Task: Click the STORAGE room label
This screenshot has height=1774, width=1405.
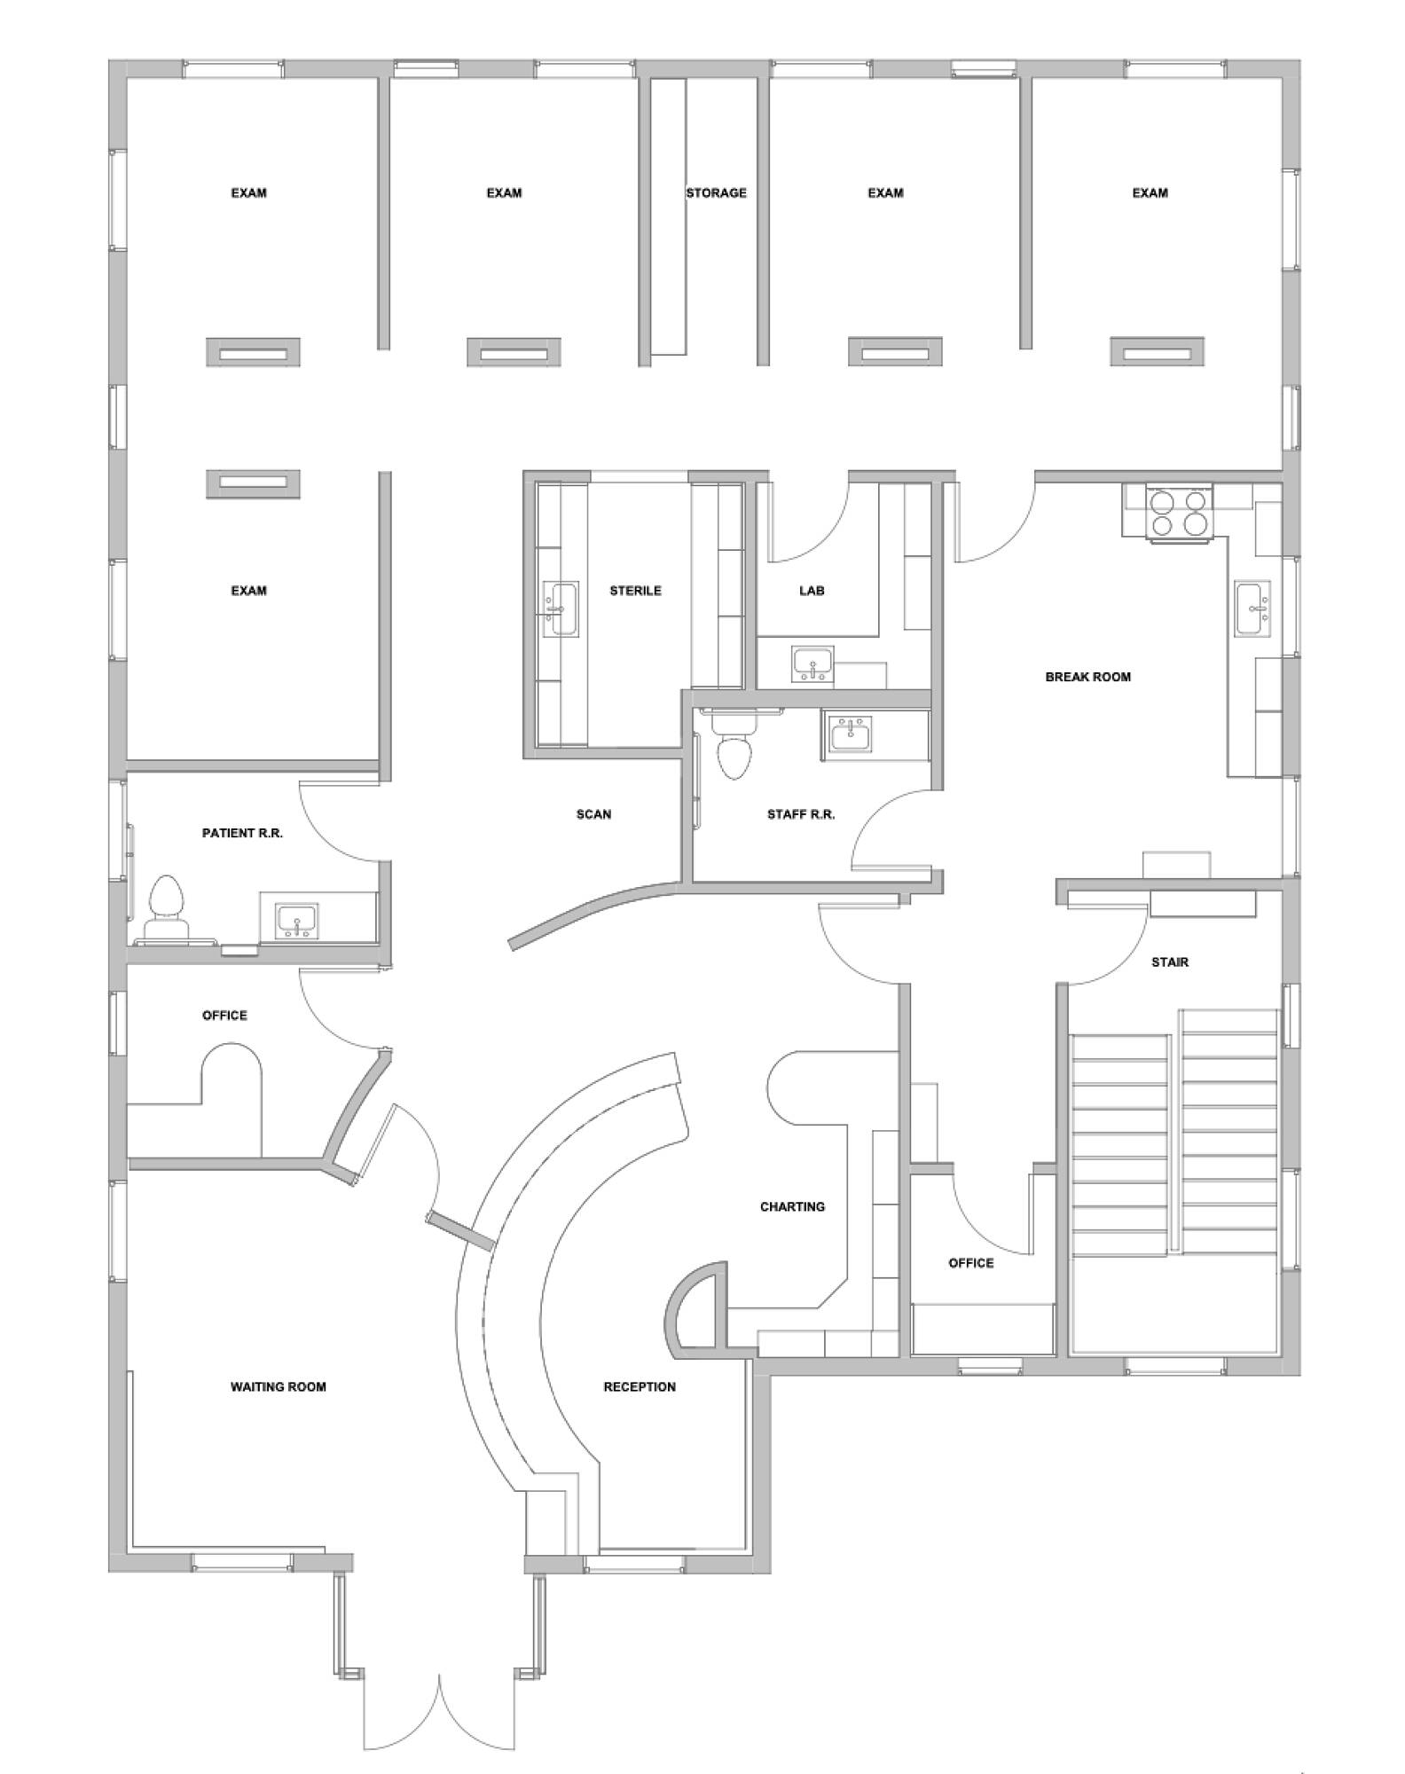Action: (x=716, y=192)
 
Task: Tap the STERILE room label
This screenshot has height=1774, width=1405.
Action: (x=635, y=591)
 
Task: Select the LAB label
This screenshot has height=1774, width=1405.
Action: (x=812, y=591)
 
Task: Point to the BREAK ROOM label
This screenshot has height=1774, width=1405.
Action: (x=1087, y=677)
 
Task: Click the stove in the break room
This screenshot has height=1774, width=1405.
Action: (x=1178, y=513)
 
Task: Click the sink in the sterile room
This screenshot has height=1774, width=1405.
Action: (x=561, y=609)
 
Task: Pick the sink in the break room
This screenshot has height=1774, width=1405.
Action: (x=1252, y=608)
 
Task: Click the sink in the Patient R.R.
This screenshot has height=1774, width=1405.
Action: (x=297, y=922)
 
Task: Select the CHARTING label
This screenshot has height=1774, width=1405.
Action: (x=792, y=1207)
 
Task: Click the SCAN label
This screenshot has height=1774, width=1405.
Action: (x=593, y=814)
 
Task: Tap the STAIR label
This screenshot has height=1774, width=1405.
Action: (x=1170, y=962)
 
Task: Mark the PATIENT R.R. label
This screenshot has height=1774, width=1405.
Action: (x=242, y=834)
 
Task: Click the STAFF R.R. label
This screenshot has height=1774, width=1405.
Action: (x=801, y=814)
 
